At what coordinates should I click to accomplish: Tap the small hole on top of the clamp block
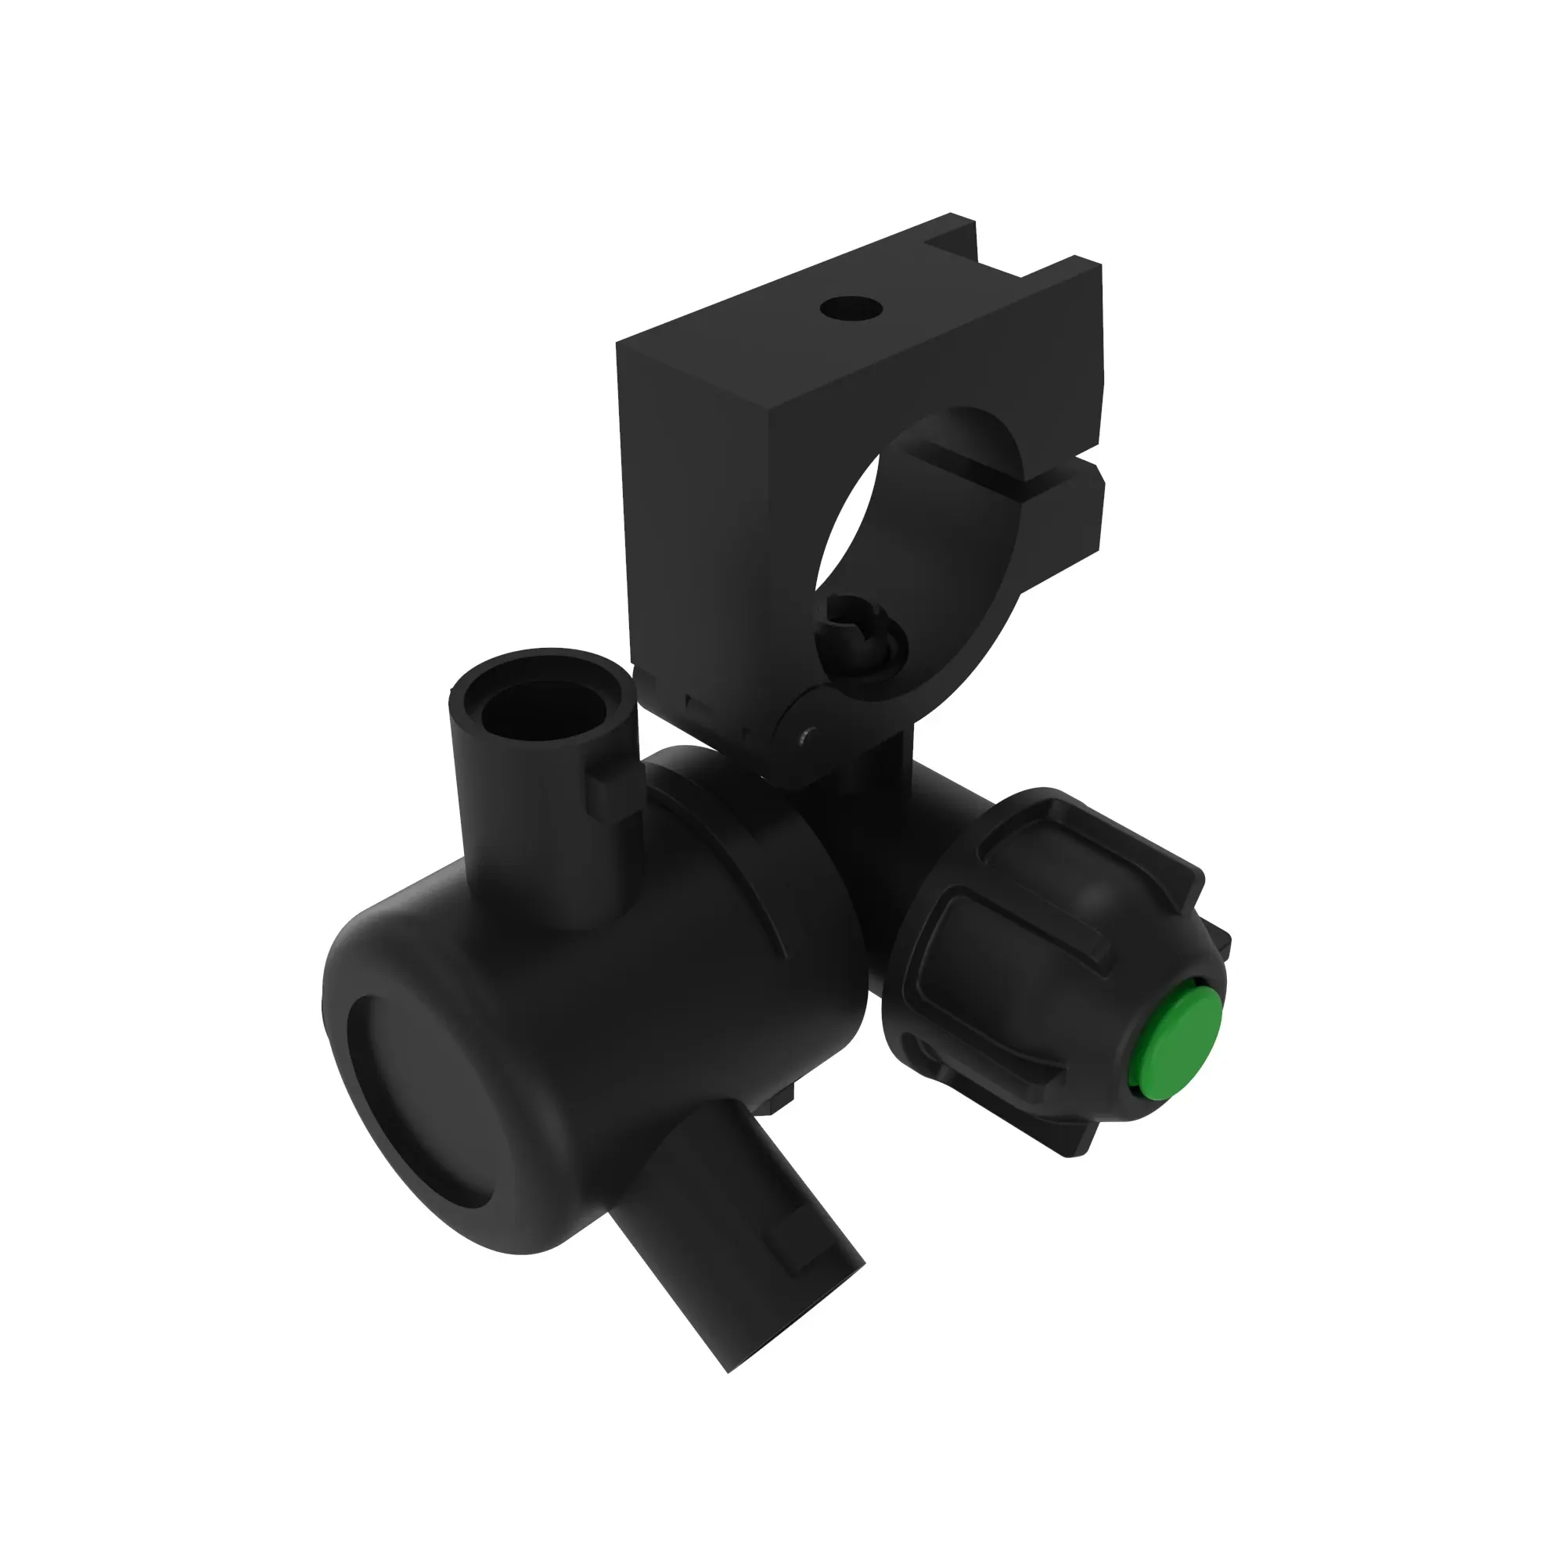[x=850, y=308]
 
